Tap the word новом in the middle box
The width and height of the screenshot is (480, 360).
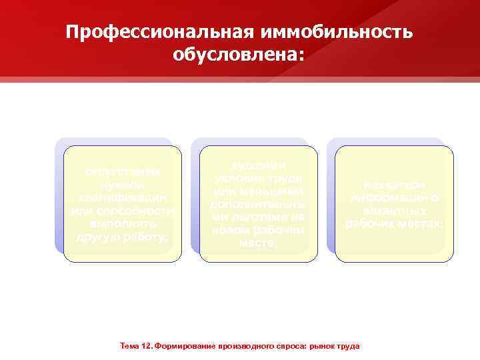click(231, 229)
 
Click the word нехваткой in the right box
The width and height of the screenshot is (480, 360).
click(395, 185)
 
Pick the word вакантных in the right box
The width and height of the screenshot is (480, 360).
click(395, 211)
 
